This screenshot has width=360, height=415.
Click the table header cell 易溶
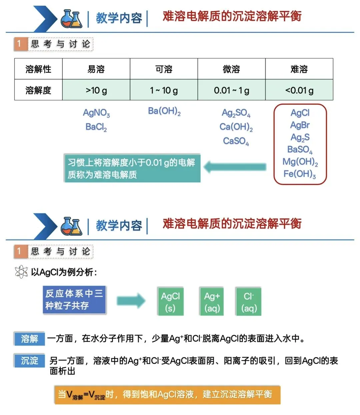(96, 69)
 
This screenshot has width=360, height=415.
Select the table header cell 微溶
(231, 69)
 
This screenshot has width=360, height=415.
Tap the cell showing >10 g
(96, 90)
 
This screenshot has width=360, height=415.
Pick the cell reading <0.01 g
(299, 90)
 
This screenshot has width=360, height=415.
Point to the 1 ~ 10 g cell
(164, 90)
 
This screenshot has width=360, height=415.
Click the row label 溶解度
(38, 90)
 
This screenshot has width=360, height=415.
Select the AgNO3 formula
(96, 113)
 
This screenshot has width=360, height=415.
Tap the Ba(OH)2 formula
(164, 111)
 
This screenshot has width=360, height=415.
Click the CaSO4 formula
(236, 141)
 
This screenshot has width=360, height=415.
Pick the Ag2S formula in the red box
(300, 138)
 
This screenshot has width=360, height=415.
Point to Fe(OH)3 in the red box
(300, 174)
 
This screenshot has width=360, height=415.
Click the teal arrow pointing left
(235, 167)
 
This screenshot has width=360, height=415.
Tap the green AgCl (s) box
(170, 301)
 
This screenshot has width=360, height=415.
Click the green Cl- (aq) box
(249, 301)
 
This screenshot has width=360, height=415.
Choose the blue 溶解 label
(30, 339)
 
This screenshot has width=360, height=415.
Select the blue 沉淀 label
(30, 360)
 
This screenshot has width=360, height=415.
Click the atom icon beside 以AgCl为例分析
(21, 272)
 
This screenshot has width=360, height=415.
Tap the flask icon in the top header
(71, 18)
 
